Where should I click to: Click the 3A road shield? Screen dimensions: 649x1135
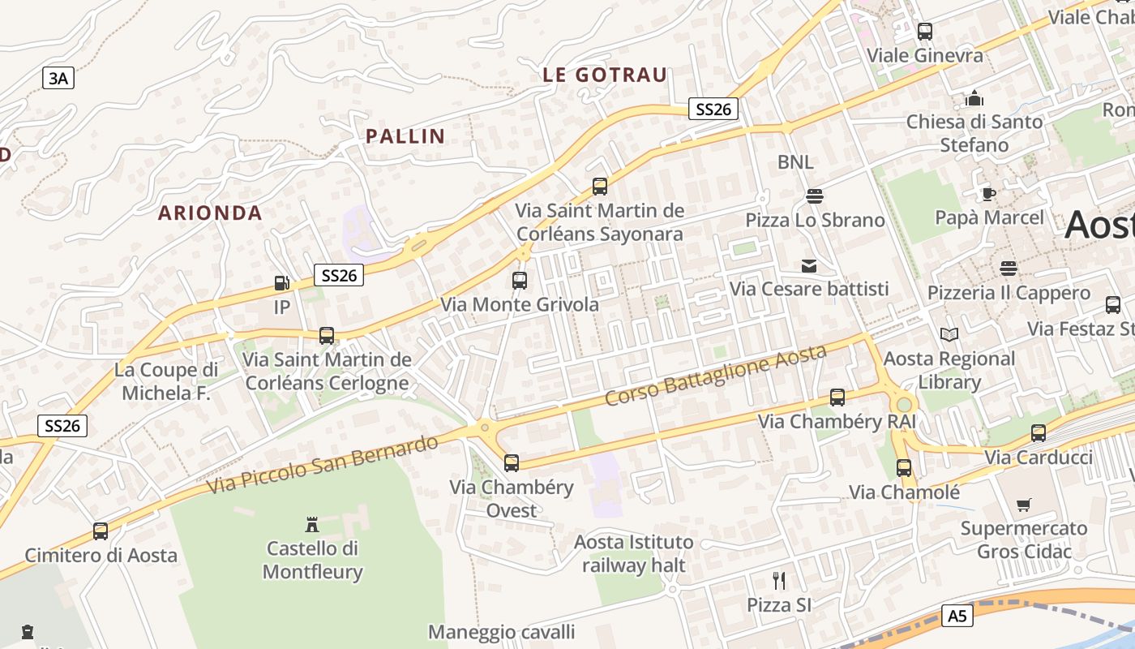click(x=58, y=78)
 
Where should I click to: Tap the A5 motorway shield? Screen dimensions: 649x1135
click(x=957, y=616)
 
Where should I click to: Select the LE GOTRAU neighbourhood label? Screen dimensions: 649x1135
click(x=605, y=75)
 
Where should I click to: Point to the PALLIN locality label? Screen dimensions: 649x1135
click(x=405, y=136)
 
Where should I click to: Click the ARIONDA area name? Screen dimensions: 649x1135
click(x=210, y=213)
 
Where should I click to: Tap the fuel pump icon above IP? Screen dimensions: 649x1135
click(x=281, y=283)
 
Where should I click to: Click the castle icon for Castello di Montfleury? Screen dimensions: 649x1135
click(x=312, y=524)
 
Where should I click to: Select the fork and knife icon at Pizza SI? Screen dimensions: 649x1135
click(x=779, y=581)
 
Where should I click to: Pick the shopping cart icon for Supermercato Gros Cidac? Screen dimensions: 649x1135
click(x=1024, y=505)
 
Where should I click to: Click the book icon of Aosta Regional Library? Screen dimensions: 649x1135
click(x=949, y=334)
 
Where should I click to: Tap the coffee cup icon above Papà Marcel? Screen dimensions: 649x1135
click(x=988, y=194)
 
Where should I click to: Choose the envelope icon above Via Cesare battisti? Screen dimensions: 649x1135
click(x=808, y=265)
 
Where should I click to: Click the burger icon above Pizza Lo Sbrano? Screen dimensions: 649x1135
click(x=814, y=196)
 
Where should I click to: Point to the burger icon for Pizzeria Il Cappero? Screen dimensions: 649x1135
click(x=1009, y=268)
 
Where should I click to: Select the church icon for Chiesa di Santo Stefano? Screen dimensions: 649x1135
click(x=974, y=98)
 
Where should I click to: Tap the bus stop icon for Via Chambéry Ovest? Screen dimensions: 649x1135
click(x=511, y=463)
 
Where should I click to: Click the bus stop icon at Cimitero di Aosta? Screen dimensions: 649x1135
click(x=101, y=531)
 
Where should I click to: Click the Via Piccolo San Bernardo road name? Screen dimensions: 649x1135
click(x=322, y=465)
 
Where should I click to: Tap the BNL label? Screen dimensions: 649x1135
click(x=795, y=162)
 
